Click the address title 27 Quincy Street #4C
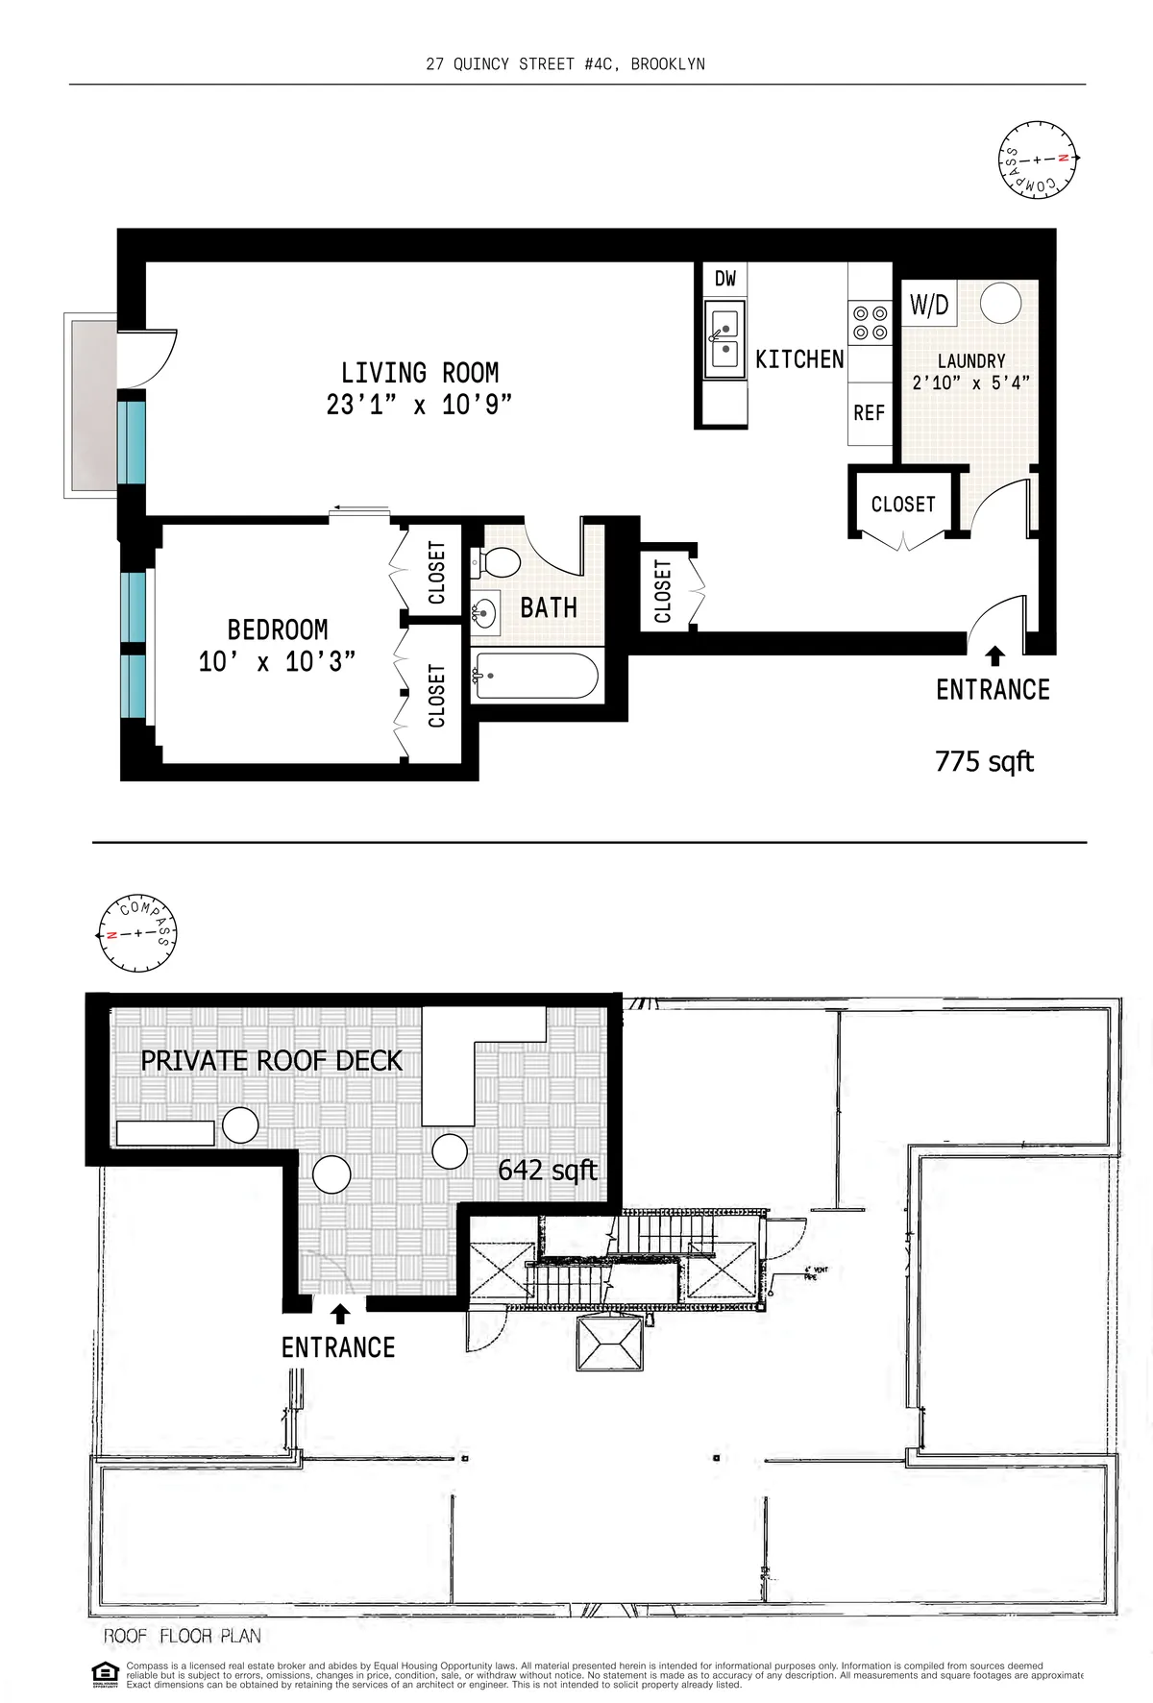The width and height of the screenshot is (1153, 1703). tap(565, 64)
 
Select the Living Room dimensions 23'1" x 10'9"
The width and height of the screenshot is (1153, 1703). tap(418, 406)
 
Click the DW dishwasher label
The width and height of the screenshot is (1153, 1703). tap(725, 279)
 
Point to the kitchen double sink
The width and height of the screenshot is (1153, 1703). tap(725, 338)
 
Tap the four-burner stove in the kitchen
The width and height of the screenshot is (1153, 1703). tap(870, 323)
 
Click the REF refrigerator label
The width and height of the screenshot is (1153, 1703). tap(869, 412)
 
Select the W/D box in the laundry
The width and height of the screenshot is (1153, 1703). tap(929, 306)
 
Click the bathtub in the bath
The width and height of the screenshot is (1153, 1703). tap(535, 677)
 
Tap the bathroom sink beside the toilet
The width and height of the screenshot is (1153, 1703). tap(486, 611)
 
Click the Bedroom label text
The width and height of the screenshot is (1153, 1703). tap(277, 629)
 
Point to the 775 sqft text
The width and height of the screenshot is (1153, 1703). tap(984, 762)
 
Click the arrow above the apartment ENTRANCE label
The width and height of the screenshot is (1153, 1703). tap(995, 656)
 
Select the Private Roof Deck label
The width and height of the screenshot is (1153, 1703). tap(271, 1061)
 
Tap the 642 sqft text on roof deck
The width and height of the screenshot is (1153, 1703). tap(548, 1170)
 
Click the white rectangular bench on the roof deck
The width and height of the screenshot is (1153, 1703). tap(165, 1132)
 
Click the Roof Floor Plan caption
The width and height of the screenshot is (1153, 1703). tap(183, 1636)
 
